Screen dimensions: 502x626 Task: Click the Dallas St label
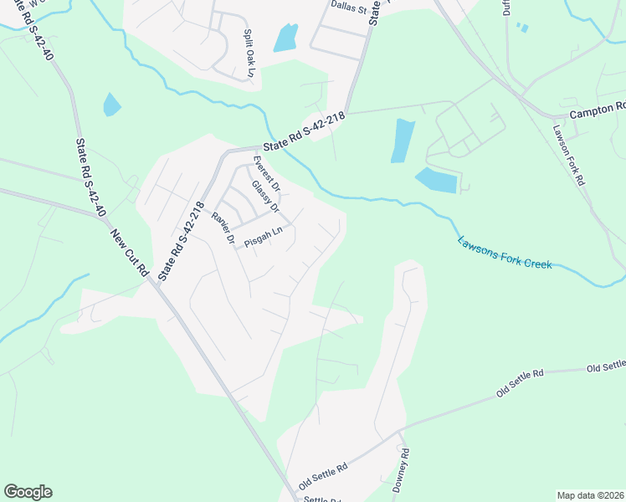tap(348, 9)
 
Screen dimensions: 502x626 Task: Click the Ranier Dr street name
tap(222, 227)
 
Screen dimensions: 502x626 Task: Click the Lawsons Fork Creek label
tap(505, 252)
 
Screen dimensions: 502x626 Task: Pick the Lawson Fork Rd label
tap(568, 156)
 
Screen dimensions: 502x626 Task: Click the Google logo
tap(28, 492)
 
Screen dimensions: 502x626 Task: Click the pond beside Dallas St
tap(286, 38)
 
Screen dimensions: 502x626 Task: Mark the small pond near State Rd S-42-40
tap(111, 105)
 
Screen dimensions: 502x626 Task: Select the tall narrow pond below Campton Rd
tap(403, 141)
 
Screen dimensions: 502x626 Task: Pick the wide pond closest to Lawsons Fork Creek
tap(436, 180)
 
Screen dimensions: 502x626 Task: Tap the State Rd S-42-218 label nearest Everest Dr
tap(303, 134)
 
